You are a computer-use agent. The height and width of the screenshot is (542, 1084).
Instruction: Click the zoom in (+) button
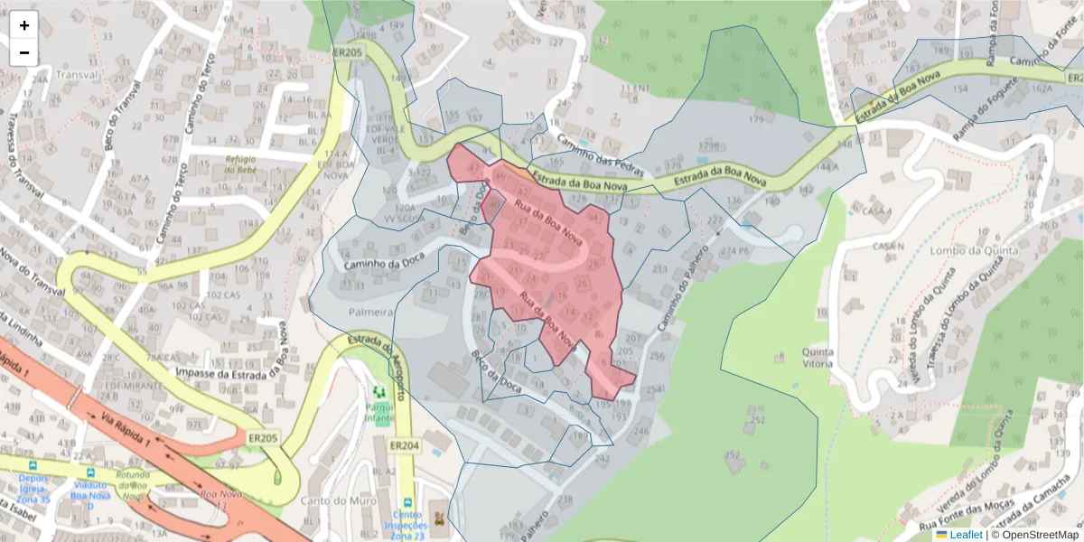click(x=24, y=25)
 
